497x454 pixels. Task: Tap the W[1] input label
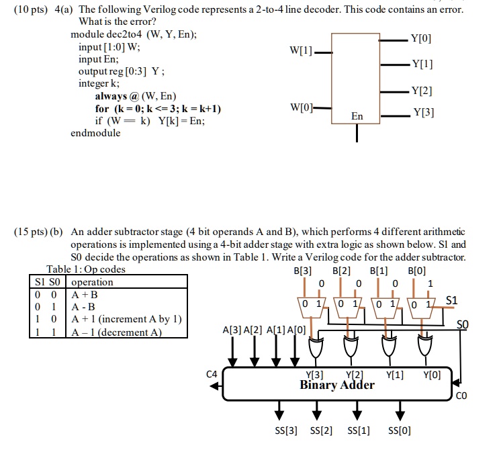[300, 52]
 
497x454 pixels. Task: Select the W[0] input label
[300, 107]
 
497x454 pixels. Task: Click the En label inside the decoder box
[357, 116]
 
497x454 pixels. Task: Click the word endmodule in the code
[95, 133]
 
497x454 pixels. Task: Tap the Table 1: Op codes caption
[85, 269]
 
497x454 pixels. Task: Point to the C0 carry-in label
[461, 396]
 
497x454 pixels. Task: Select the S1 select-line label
[453, 300]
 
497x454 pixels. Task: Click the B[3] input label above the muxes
[303, 271]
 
